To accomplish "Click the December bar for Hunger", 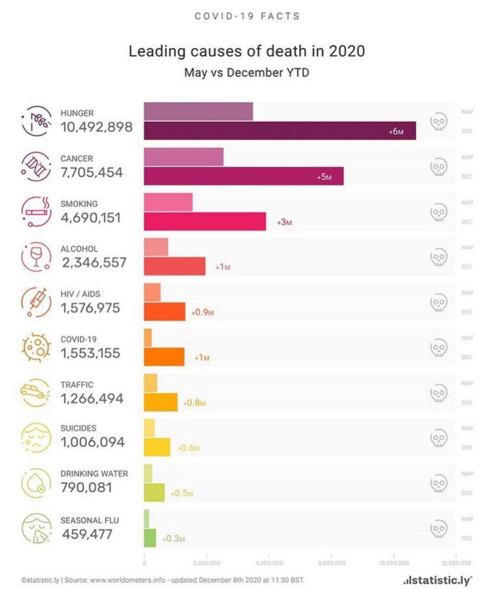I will point(280,131).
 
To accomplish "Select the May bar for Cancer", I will point(183,157).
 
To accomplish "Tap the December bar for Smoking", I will point(205,221).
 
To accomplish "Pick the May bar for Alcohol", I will point(156,247).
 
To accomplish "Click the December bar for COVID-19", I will point(164,357).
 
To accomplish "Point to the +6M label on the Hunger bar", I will point(396,132).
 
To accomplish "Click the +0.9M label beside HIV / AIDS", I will point(203,312).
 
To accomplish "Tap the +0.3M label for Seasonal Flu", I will point(174,538).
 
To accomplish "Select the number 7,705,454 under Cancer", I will point(92,173).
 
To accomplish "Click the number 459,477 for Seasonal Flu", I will point(87,534).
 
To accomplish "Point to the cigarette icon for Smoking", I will point(36,212).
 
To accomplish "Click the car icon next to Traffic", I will point(33,392).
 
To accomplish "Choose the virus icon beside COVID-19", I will point(36,347).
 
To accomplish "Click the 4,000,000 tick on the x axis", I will point(269,563).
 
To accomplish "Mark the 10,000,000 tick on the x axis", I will point(394,563).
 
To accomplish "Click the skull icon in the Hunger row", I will point(438,122).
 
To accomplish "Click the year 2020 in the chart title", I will point(347,51).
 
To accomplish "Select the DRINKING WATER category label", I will point(94,474).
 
